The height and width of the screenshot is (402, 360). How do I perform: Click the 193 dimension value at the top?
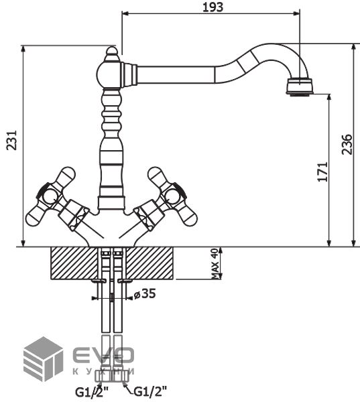point(213,7)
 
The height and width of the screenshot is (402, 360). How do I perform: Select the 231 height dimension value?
point(12,140)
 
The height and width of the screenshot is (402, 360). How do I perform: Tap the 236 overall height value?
point(347,144)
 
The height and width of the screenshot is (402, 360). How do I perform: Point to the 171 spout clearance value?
point(323,172)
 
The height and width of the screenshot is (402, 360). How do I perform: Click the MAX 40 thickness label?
point(215,263)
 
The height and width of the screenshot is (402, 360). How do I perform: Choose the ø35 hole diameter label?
point(145,294)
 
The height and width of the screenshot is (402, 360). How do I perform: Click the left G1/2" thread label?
point(92,392)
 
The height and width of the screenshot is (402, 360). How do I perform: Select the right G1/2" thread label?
point(150,391)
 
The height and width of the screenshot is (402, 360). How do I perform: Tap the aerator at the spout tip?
point(300,86)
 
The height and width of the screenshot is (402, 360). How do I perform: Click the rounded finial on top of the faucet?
point(112,53)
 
